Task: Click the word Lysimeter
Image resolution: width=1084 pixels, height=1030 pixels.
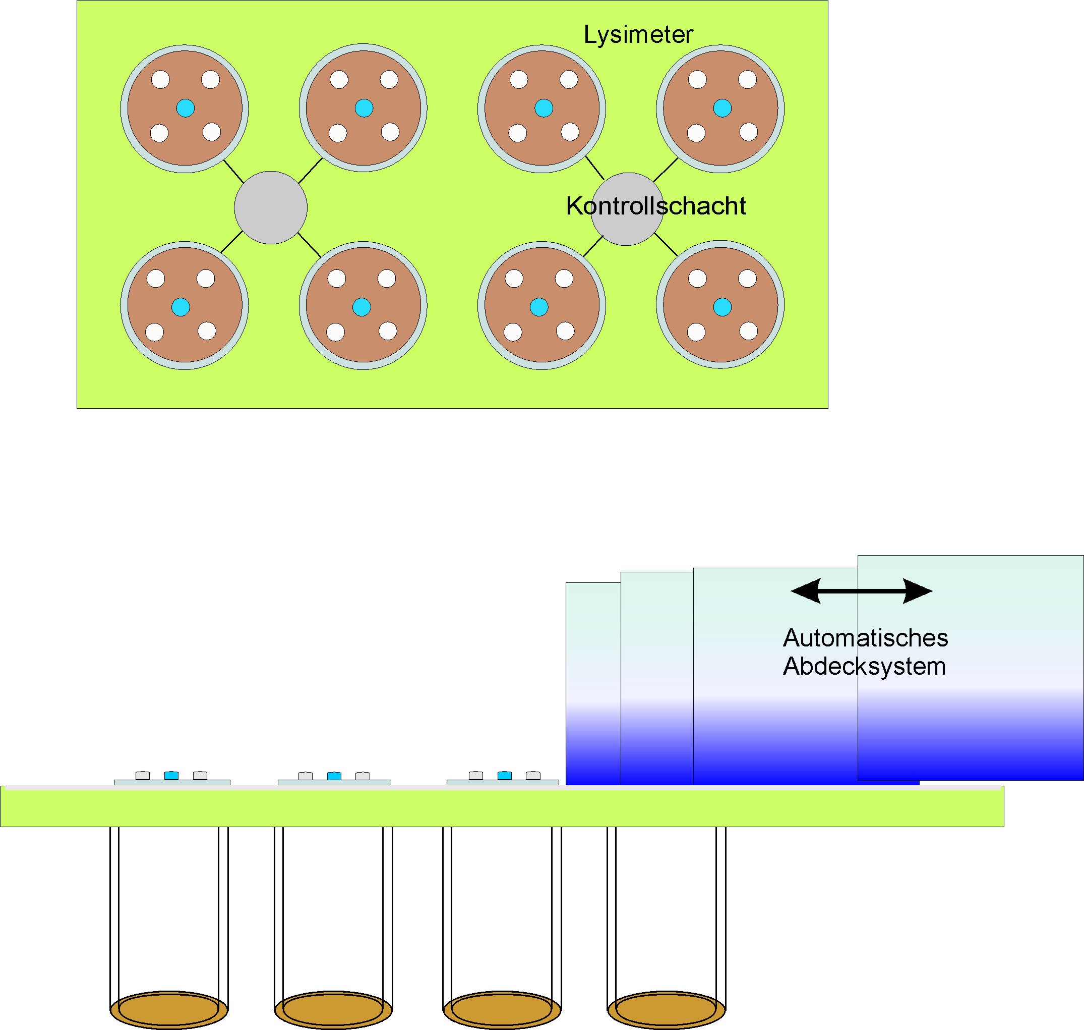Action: pyautogui.click(x=638, y=35)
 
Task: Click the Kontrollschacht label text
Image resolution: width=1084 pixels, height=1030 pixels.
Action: pyautogui.click(x=655, y=206)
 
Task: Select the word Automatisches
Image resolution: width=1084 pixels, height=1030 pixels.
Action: pyautogui.click(x=865, y=638)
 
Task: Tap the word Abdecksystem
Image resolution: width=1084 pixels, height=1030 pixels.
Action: pyautogui.click(x=864, y=667)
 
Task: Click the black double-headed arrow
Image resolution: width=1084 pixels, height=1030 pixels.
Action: pyautogui.click(x=861, y=591)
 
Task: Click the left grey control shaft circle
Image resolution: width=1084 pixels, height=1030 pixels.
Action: pyautogui.click(x=270, y=207)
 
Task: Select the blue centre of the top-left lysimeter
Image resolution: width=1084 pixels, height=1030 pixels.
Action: pyautogui.click(x=186, y=108)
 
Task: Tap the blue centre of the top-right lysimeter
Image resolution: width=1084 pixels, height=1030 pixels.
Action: pyautogui.click(x=722, y=108)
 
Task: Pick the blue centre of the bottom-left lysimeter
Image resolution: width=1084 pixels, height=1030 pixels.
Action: pyautogui.click(x=180, y=307)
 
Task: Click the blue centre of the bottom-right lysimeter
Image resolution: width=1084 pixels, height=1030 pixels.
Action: pyautogui.click(x=722, y=307)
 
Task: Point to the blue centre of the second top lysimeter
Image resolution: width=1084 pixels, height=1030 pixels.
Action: pyautogui.click(x=364, y=108)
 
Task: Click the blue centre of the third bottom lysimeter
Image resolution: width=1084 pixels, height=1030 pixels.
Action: pyautogui.click(x=538, y=307)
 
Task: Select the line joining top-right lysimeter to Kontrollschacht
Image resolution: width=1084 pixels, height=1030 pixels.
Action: pyautogui.click(x=666, y=170)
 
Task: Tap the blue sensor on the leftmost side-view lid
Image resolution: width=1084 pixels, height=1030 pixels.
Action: pyautogui.click(x=171, y=775)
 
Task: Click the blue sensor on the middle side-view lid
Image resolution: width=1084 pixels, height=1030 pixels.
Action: pyautogui.click(x=334, y=776)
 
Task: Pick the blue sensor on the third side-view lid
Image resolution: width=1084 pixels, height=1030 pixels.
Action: pyautogui.click(x=504, y=775)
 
